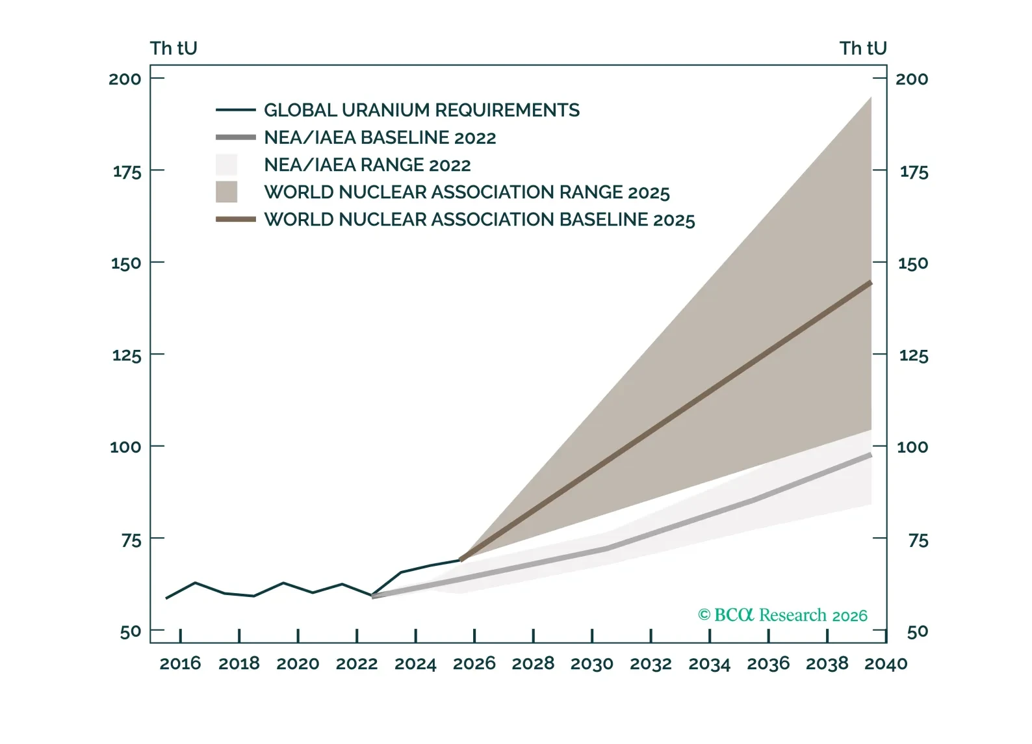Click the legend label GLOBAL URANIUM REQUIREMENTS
[421, 111]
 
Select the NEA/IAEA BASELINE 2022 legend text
[380, 138]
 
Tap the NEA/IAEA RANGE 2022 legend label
[367, 165]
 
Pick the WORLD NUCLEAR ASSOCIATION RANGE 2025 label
[466, 193]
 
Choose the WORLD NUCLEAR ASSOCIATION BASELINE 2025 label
[479, 220]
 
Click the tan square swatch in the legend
[226, 192]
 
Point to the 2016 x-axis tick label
[180, 664]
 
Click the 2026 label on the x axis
[474, 664]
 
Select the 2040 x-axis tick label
[885, 664]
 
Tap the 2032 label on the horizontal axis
[651, 664]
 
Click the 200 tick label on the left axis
[125, 79]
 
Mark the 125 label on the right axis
[913, 356]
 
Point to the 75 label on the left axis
[131, 540]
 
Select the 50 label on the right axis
[917, 631]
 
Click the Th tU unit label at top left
[174, 49]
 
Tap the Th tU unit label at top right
[862, 49]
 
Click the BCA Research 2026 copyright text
[782, 615]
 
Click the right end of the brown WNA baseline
[870, 283]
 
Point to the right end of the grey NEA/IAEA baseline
[870, 455]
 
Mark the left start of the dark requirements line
[167, 598]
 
